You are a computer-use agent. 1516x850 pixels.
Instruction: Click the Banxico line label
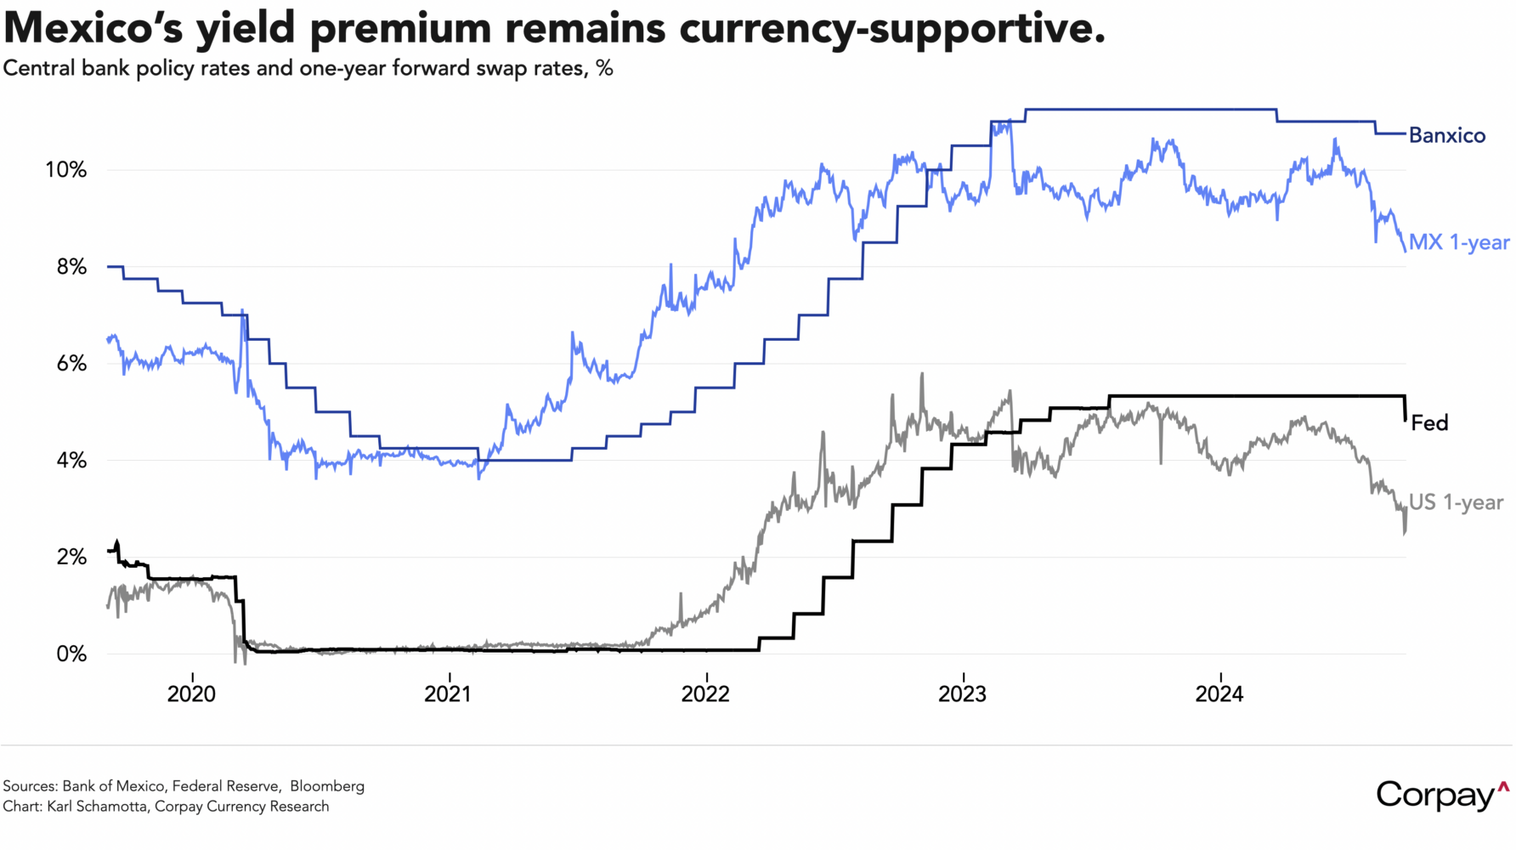coord(1446,136)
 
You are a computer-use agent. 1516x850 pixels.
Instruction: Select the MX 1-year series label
coord(1458,242)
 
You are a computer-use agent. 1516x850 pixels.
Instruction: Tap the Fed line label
coord(1429,422)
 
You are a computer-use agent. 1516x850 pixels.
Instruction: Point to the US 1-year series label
coord(1456,502)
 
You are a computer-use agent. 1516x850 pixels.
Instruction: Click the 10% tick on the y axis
coord(66,170)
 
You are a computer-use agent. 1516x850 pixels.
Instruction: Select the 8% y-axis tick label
coord(71,267)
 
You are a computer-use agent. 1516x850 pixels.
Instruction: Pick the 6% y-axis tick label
coord(71,364)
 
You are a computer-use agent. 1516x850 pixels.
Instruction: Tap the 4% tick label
coord(71,461)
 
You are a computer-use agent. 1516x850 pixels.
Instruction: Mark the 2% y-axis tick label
coord(71,558)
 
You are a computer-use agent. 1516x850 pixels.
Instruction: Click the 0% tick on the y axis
coord(71,654)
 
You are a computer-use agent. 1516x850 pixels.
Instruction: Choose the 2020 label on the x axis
coord(191,694)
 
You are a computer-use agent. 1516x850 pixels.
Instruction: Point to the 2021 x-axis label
coord(448,694)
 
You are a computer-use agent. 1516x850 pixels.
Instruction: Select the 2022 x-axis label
coord(705,694)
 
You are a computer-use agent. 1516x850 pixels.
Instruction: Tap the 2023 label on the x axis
coord(962,694)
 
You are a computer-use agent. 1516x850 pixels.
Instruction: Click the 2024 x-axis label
coord(1219,694)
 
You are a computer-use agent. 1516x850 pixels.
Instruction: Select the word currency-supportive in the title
coord(891,28)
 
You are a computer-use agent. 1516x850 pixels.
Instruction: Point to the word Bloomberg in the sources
coord(327,786)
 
